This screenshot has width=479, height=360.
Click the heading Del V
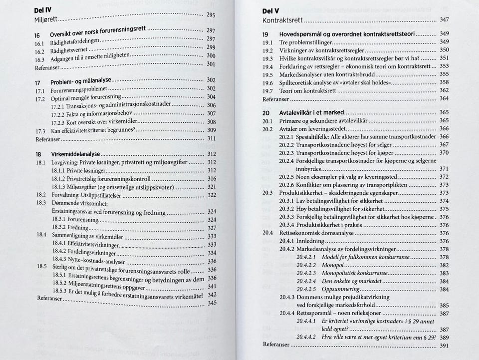(271, 11)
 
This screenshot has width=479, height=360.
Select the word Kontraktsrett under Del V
(282, 20)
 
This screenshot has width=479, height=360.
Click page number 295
(211, 15)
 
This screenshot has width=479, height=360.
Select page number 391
(444, 346)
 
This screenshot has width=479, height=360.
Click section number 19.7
(268, 91)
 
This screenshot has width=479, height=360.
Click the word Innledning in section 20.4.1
(310, 241)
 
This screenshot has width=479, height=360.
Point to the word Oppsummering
(341, 289)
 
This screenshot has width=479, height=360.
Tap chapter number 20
(266, 113)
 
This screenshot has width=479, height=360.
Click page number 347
(444, 20)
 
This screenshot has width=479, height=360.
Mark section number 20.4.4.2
(306, 337)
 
